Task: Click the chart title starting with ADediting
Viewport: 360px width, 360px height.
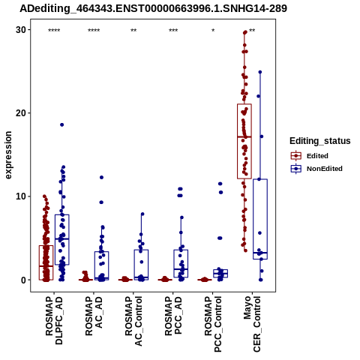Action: [153, 8]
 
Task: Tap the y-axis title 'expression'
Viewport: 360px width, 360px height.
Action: [8, 155]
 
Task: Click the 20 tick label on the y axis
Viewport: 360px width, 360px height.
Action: [21, 113]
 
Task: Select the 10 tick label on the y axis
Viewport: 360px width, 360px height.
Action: [21, 196]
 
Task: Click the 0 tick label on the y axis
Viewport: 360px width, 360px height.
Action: [24, 280]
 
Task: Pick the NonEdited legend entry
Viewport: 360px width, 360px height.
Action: [316, 169]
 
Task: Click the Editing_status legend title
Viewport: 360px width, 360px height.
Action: [320, 141]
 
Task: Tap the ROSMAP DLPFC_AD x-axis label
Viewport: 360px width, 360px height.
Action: [54, 320]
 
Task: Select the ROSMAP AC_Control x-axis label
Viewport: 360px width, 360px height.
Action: [133, 321]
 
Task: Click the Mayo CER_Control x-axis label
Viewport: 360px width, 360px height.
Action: [252, 324]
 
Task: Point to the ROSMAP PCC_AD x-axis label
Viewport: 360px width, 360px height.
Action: [173, 316]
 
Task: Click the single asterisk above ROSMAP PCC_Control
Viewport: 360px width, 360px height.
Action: [213, 31]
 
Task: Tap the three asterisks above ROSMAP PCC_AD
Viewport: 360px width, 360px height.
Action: [173, 31]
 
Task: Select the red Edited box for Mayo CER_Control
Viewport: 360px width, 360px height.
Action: [244, 141]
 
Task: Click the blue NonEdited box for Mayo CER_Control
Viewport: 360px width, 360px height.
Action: [260, 219]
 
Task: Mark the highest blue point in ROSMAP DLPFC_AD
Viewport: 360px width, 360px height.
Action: [61, 124]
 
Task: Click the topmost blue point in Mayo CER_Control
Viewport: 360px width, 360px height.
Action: [260, 72]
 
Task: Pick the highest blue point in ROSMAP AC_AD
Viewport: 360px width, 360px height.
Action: [101, 177]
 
